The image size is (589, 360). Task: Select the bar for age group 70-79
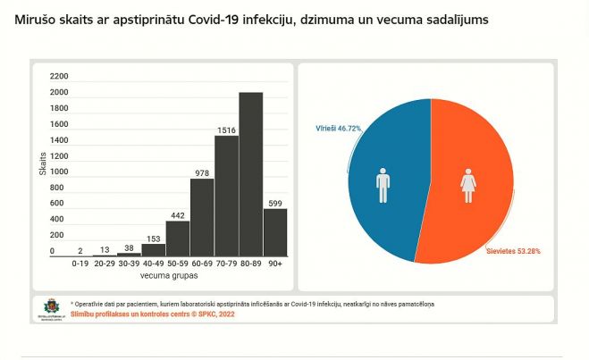click(226, 197)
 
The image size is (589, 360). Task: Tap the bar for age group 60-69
click(202, 218)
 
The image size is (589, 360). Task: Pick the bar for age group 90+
click(275, 232)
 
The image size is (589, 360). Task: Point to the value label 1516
click(226, 130)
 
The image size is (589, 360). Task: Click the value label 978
click(202, 172)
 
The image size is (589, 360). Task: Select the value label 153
click(154, 238)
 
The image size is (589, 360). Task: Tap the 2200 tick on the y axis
click(59, 77)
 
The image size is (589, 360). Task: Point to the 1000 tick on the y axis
click(59, 172)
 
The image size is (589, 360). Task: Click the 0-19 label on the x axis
click(80, 264)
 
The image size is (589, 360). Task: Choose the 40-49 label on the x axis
click(154, 264)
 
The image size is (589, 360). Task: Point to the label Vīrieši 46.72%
click(338, 129)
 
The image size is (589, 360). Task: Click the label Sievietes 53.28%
click(513, 251)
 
